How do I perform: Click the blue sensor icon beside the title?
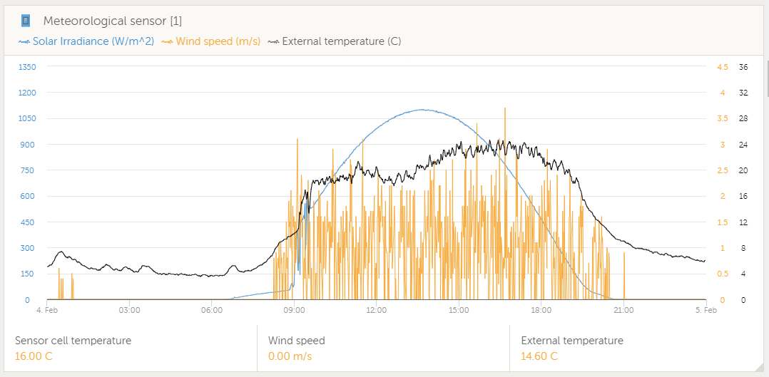(x=26, y=21)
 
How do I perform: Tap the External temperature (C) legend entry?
(x=341, y=41)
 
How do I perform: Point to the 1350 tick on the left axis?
(x=27, y=67)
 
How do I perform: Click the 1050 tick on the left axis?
(x=27, y=119)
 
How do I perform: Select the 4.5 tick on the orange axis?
(x=722, y=67)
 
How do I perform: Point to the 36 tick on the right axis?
(x=743, y=67)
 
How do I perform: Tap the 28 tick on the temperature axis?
(x=743, y=119)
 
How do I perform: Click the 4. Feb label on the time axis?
(x=47, y=310)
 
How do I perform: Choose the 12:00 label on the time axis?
(x=376, y=310)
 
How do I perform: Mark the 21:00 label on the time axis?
(x=623, y=310)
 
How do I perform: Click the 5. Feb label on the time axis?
(x=706, y=310)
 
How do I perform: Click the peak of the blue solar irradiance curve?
(x=422, y=110)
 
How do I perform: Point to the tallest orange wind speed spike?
(x=505, y=109)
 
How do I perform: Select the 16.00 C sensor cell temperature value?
(x=34, y=356)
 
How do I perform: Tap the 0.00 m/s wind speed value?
(x=290, y=356)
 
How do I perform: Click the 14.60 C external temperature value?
(x=539, y=356)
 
